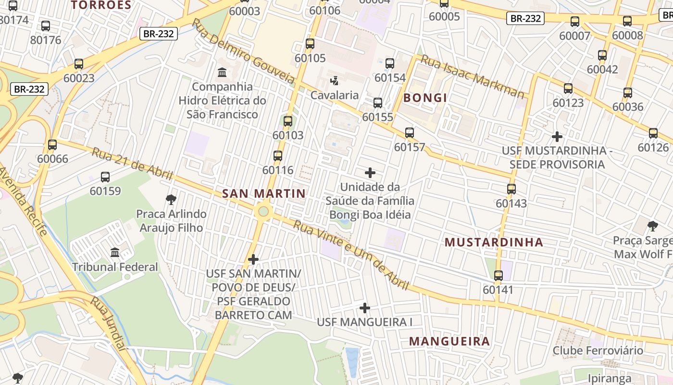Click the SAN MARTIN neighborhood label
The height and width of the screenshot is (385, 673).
(x=263, y=194)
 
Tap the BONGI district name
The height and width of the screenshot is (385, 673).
(x=425, y=98)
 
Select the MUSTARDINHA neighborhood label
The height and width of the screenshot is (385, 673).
(x=494, y=242)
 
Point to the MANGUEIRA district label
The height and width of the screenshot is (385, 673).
(x=449, y=342)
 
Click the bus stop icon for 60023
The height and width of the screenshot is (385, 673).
(x=79, y=64)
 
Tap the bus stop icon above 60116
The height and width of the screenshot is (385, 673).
(x=278, y=156)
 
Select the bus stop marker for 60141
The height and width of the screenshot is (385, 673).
(x=499, y=276)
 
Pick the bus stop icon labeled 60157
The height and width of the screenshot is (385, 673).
(x=410, y=133)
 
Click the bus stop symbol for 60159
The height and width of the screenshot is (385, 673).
(x=105, y=177)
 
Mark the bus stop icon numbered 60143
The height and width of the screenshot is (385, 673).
(x=511, y=189)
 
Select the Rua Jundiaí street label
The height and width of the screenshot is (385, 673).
(x=109, y=330)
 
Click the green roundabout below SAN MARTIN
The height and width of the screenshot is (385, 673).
(x=262, y=211)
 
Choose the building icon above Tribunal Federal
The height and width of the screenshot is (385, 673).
(x=115, y=252)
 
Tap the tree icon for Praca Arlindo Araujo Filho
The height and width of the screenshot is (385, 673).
(x=171, y=199)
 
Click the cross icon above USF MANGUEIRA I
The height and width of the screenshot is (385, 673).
(x=365, y=308)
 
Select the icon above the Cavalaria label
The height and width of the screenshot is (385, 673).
(x=334, y=80)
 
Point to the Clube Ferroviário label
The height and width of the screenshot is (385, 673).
(x=598, y=350)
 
